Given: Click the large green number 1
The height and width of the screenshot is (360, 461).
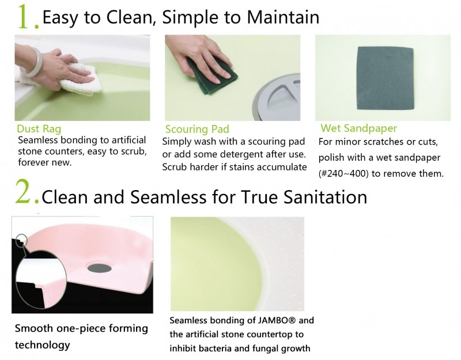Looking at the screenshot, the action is point(25,17).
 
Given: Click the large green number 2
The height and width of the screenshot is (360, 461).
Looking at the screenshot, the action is point(23,193).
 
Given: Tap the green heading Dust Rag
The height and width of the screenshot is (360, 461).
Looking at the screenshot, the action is point(39,128).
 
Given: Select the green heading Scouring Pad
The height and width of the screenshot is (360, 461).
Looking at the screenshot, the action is point(197,129).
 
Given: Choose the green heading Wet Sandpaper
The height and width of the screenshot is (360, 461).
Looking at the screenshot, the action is point(358,128).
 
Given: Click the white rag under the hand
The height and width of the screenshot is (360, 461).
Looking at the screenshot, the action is point(80,79).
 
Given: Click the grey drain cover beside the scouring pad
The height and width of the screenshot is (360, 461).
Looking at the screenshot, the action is point(277,96).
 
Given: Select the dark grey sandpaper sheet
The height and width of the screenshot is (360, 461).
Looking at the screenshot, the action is point(386,78).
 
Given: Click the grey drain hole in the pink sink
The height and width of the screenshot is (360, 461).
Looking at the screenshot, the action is point(99,267).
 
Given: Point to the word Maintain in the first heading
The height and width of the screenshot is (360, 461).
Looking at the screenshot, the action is point(283,17).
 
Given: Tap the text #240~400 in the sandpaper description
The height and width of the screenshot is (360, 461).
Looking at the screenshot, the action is point(343,174).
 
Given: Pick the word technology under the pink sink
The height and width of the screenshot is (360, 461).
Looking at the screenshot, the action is point(42,345).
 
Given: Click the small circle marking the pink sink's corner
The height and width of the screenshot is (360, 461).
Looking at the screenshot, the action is point(21,241).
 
